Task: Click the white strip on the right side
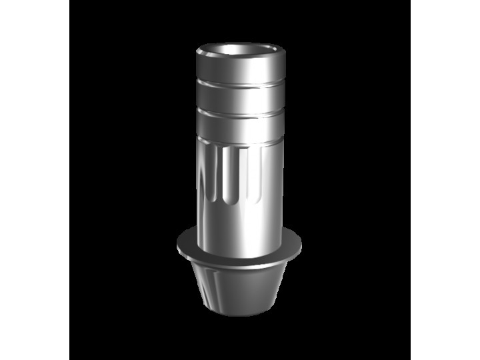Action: click(x=445, y=180)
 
